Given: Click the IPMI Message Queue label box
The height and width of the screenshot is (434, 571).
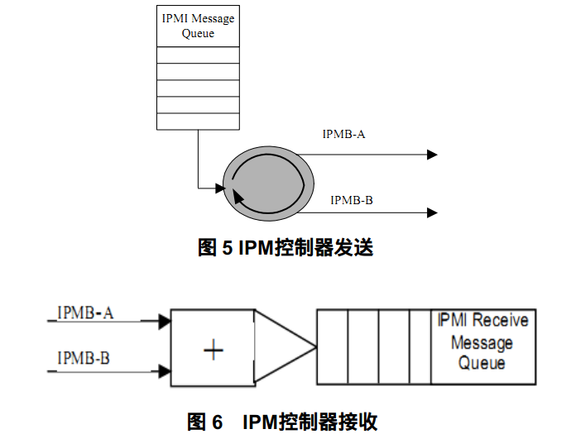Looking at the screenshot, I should (198, 26).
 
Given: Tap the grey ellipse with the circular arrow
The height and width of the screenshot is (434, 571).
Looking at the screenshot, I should (268, 182).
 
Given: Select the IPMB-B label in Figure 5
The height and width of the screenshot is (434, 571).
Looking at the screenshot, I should (352, 200).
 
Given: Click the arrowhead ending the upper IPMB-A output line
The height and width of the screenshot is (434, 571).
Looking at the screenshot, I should (431, 155).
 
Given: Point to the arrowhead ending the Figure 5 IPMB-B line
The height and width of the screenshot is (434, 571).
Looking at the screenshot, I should (431, 212).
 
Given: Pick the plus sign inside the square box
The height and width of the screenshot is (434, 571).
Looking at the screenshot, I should (214, 351).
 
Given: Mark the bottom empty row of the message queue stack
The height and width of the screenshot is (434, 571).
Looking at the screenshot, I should (198, 122).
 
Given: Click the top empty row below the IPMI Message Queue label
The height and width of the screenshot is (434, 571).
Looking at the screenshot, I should (198, 55).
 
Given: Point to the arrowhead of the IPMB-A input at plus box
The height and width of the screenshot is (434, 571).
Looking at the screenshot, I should (164, 319).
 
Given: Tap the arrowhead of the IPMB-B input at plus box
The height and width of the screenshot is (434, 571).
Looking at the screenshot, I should (164, 372).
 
